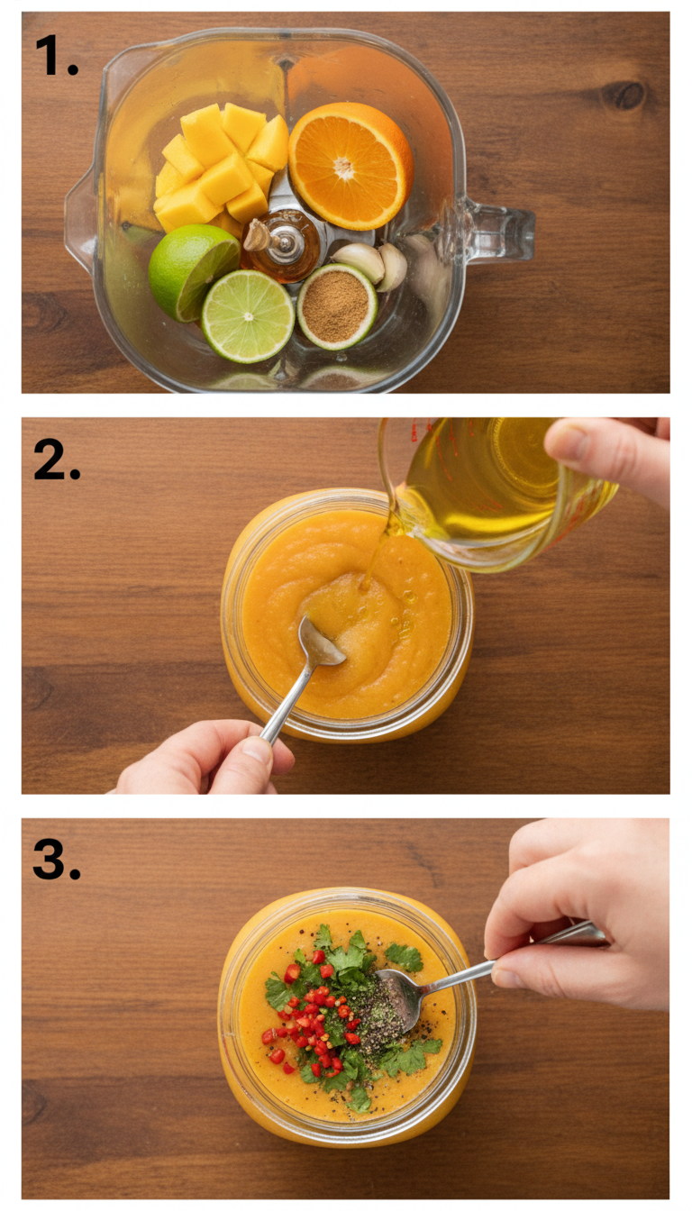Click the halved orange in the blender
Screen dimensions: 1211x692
pyautogui.click(x=350, y=165)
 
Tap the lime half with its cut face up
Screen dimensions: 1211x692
pyautogui.click(x=248, y=316)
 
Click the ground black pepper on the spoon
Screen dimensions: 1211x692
pyautogui.click(x=387, y=1006)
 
